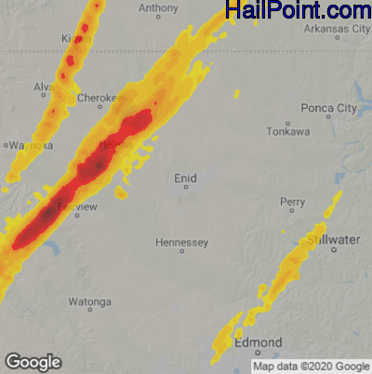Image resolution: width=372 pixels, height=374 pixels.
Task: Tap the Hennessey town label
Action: (181, 242)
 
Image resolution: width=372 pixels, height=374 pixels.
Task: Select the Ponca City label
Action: (334, 108)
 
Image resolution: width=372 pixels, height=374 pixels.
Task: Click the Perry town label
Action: (293, 202)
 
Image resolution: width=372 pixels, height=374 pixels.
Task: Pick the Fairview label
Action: (73, 207)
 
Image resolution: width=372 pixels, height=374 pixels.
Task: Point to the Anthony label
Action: (158, 7)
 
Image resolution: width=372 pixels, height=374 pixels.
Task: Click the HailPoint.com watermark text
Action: (299, 11)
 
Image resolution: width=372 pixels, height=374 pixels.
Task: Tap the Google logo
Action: (33, 361)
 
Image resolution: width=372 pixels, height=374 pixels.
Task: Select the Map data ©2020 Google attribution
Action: (312, 367)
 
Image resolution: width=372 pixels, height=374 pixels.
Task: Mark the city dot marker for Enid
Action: (185, 187)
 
